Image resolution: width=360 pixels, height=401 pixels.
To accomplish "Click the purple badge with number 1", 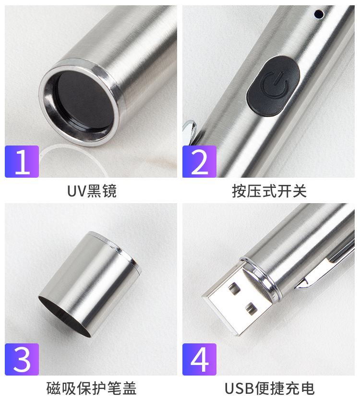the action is [x=22, y=161].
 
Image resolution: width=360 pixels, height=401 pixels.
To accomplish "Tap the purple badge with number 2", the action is [x=199, y=161].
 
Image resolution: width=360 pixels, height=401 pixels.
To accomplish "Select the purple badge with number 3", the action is [x=22, y=359].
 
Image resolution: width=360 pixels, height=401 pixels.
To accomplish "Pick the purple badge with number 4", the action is [x=199, y=359].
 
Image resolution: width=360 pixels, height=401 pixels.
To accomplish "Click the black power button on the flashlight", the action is [x=273, y=86].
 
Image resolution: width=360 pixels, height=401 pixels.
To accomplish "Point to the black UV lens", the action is [x=84, y=101].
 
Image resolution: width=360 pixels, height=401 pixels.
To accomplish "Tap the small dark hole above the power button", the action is [x=319, y=14].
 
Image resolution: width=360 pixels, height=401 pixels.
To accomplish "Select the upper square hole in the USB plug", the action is [x=234, y=288].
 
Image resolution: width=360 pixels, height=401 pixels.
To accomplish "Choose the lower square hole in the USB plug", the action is [x=252, y=308].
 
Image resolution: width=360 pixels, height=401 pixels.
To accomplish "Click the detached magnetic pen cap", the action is [x=89, y=284].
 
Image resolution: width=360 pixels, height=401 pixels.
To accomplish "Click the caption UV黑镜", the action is [x=92, y=191].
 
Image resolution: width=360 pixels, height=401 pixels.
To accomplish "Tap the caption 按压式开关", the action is [x=269, y=191].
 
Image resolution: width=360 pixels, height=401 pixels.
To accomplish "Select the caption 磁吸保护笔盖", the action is [x=91, y=388].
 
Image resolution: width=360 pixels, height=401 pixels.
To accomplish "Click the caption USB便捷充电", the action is [x=269, y=388].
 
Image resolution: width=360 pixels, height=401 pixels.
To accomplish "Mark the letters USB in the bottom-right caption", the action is [x=240, y=389].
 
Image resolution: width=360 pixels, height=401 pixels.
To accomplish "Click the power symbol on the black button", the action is [x=275, y=85].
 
